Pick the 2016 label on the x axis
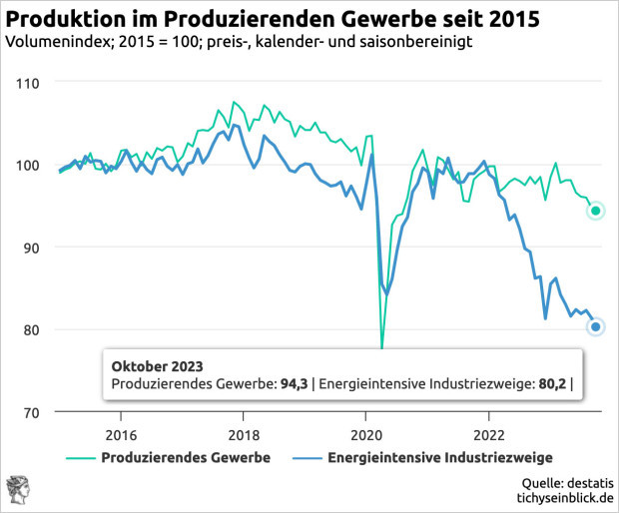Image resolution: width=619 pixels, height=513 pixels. pyautogui.click(x=121, y=435)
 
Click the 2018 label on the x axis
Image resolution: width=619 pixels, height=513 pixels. pyautogui.click(x=244, y=435)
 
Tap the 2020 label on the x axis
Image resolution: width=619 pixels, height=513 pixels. pyautogui.click(x=365, y=435)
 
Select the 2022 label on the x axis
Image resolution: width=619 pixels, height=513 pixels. pyautogui.click(x=488, y=435)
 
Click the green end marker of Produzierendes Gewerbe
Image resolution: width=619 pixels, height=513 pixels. pyautogui.click(x=595, y=211)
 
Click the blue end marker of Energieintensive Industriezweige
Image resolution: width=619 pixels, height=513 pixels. pyautogui.click(x=595, y=326)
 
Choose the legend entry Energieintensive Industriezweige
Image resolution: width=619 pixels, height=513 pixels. pyautogui.click(x=431, y=457)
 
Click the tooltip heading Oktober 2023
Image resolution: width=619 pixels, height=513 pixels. pyautogui.click(x=157, y=364)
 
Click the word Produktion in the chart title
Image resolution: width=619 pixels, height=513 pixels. pyautogui.click(x=62, y=17)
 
